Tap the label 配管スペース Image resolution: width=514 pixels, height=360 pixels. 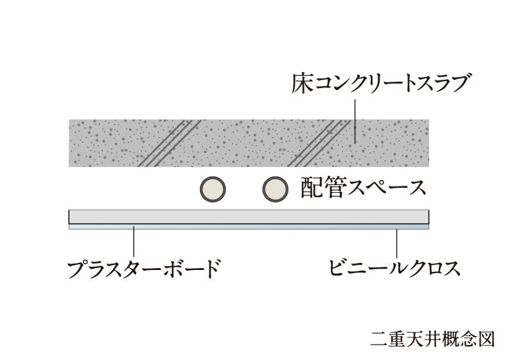click(362, 188)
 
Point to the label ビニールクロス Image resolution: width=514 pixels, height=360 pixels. click(394, 267)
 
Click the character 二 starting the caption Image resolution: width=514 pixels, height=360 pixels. click(378, 337)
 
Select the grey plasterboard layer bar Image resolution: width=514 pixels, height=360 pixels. click(249, 217)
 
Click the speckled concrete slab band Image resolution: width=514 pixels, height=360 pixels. click(249, 142)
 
